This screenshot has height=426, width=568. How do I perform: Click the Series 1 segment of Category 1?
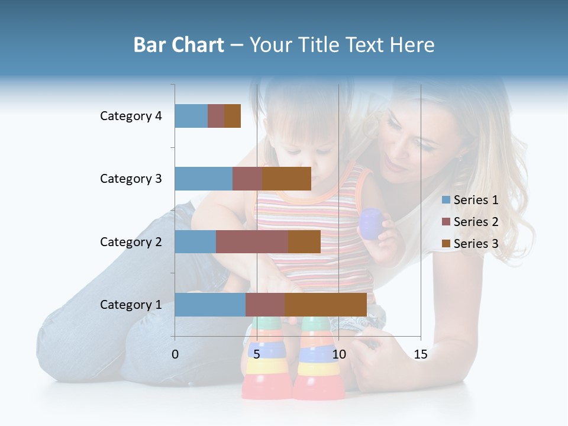click(210, 305)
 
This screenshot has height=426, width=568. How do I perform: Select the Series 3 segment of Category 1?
click(325, 305)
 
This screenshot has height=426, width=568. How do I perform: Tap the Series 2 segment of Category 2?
click(252, 241)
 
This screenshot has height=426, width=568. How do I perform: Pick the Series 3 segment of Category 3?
click(287, 179)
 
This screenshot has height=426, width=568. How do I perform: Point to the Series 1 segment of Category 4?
click(191, 116)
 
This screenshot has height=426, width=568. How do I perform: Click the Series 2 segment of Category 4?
click(216, 116)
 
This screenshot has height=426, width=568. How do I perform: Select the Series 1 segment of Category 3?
click(204, 179)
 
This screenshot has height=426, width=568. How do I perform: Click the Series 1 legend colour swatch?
click(446, 200)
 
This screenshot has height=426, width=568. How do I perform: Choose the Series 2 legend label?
click(476, 222)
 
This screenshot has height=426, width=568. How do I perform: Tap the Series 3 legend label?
click(476, 243)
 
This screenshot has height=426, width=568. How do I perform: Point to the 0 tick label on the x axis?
click(175, 354)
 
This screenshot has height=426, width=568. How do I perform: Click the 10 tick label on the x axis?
click(338, 354)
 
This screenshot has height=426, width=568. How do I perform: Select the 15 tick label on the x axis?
click(421, 354)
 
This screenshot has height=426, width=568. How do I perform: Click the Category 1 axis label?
click(131, 305)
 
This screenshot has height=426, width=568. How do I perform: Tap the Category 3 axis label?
click(131, 179)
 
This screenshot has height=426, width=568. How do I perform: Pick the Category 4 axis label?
click(131, 116)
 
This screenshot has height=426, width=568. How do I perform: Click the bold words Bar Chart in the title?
click(179, 45)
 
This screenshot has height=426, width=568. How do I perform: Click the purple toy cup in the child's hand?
click(371, 224)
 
